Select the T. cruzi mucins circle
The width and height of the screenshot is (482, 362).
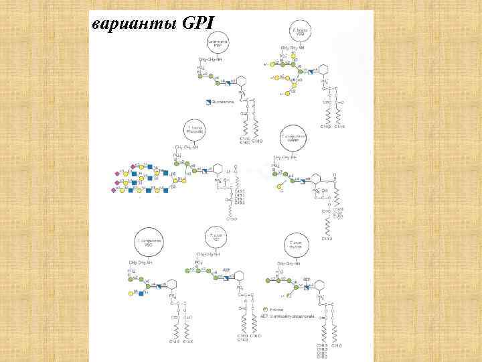tap(294, 243)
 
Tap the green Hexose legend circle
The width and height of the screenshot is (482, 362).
tap(266, 309)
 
